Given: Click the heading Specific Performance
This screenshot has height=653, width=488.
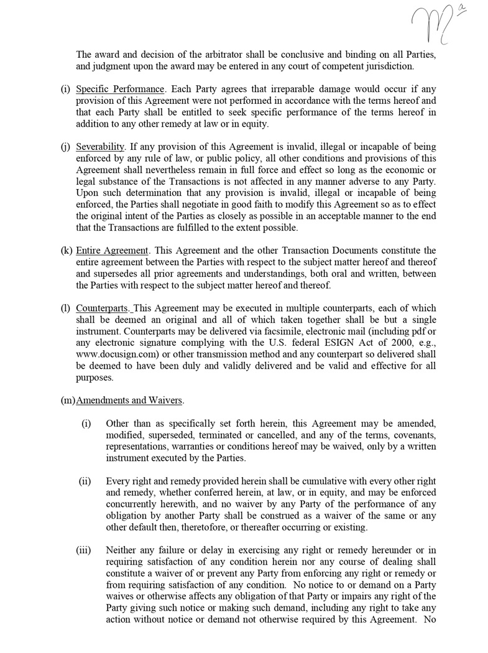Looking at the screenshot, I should click(x=120, y=89).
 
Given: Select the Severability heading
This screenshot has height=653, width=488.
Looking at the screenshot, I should click(x=100, y=147).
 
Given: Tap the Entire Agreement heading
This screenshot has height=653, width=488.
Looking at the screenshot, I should click(x=112, y=251).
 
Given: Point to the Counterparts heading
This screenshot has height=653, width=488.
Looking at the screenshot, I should click(x=103, y=308).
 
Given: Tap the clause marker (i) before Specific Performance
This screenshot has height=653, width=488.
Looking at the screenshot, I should click(x=65, y=89).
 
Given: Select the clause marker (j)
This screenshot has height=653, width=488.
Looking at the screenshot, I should click(x=65, y=147).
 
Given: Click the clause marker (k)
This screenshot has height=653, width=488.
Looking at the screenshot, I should click(x=66, y=251).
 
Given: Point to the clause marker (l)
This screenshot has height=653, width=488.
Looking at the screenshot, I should click(x=65, y=308).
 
